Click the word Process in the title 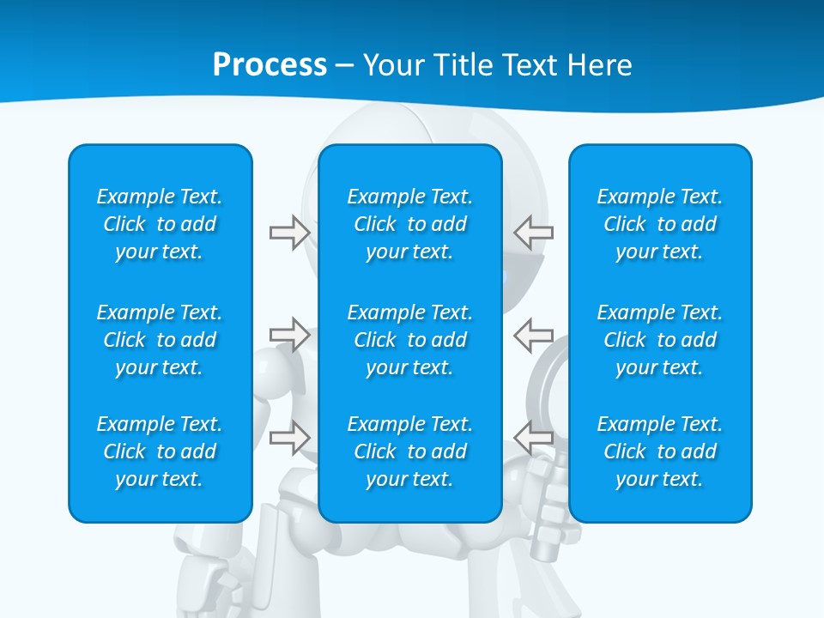[270, 65]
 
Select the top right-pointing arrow [289, 233]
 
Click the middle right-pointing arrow [289, 334]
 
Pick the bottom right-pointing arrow [289, 438]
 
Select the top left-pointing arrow [534, 233]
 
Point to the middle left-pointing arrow [534, 334]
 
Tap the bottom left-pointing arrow [534, 438]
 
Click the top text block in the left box [160, 224]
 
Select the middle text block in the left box [160, 340]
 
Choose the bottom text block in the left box [160, 451]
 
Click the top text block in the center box [410, 224]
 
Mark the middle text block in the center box [410, 340]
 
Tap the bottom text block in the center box [410, 451]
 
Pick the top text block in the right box [660, 224]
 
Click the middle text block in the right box [660, 340]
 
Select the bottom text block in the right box [660, 451]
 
